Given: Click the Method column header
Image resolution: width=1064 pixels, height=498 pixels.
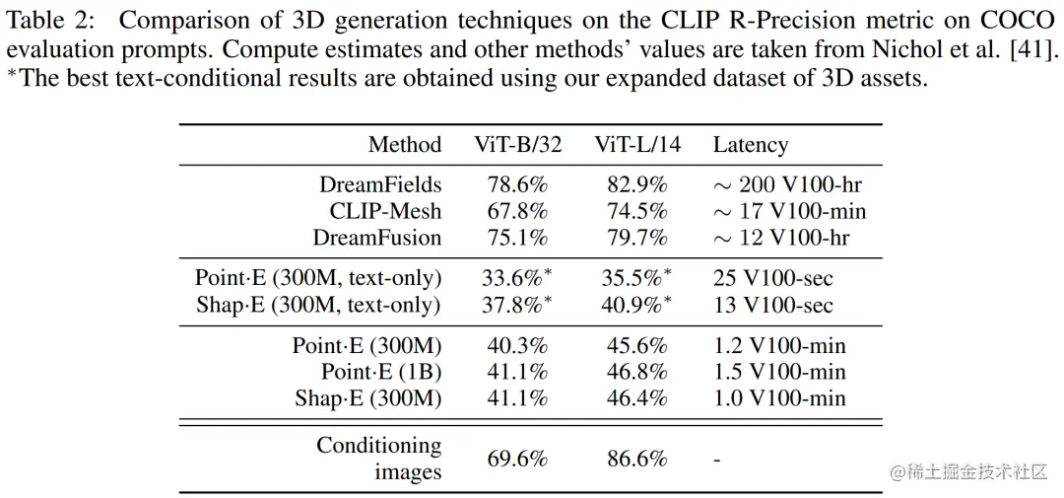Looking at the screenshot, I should coord(405,145).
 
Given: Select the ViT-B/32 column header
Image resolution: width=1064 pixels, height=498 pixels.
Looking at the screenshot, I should coord(518,145).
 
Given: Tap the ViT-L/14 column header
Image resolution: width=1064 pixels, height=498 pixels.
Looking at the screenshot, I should coord(637,145).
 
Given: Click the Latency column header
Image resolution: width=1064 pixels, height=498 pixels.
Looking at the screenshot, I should coord(751,145).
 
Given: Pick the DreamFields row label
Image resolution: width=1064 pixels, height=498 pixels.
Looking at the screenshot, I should coord(380,184).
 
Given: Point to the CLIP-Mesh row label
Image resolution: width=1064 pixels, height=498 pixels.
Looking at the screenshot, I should coord(385,211).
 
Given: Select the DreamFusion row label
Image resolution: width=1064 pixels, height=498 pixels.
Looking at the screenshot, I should coord(377,238).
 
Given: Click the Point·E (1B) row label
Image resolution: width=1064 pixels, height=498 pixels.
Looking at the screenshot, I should coord(381,372).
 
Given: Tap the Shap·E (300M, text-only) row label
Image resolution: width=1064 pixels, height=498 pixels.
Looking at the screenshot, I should coord(318,305).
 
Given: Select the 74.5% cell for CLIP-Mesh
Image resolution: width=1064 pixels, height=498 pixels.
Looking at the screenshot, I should coord(634,211).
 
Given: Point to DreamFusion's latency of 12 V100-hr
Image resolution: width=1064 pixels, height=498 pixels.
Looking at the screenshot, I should coord(781,238).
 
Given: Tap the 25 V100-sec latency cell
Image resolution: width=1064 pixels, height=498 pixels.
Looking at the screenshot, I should coord(773,278).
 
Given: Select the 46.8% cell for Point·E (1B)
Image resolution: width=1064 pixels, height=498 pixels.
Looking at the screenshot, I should coord(634,372).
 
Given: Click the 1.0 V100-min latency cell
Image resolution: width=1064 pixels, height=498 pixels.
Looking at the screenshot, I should coord(779,398).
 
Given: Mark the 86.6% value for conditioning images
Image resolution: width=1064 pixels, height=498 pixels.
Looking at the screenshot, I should coord(634,459).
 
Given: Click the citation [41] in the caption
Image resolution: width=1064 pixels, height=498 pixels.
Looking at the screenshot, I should coord(1037,51).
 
